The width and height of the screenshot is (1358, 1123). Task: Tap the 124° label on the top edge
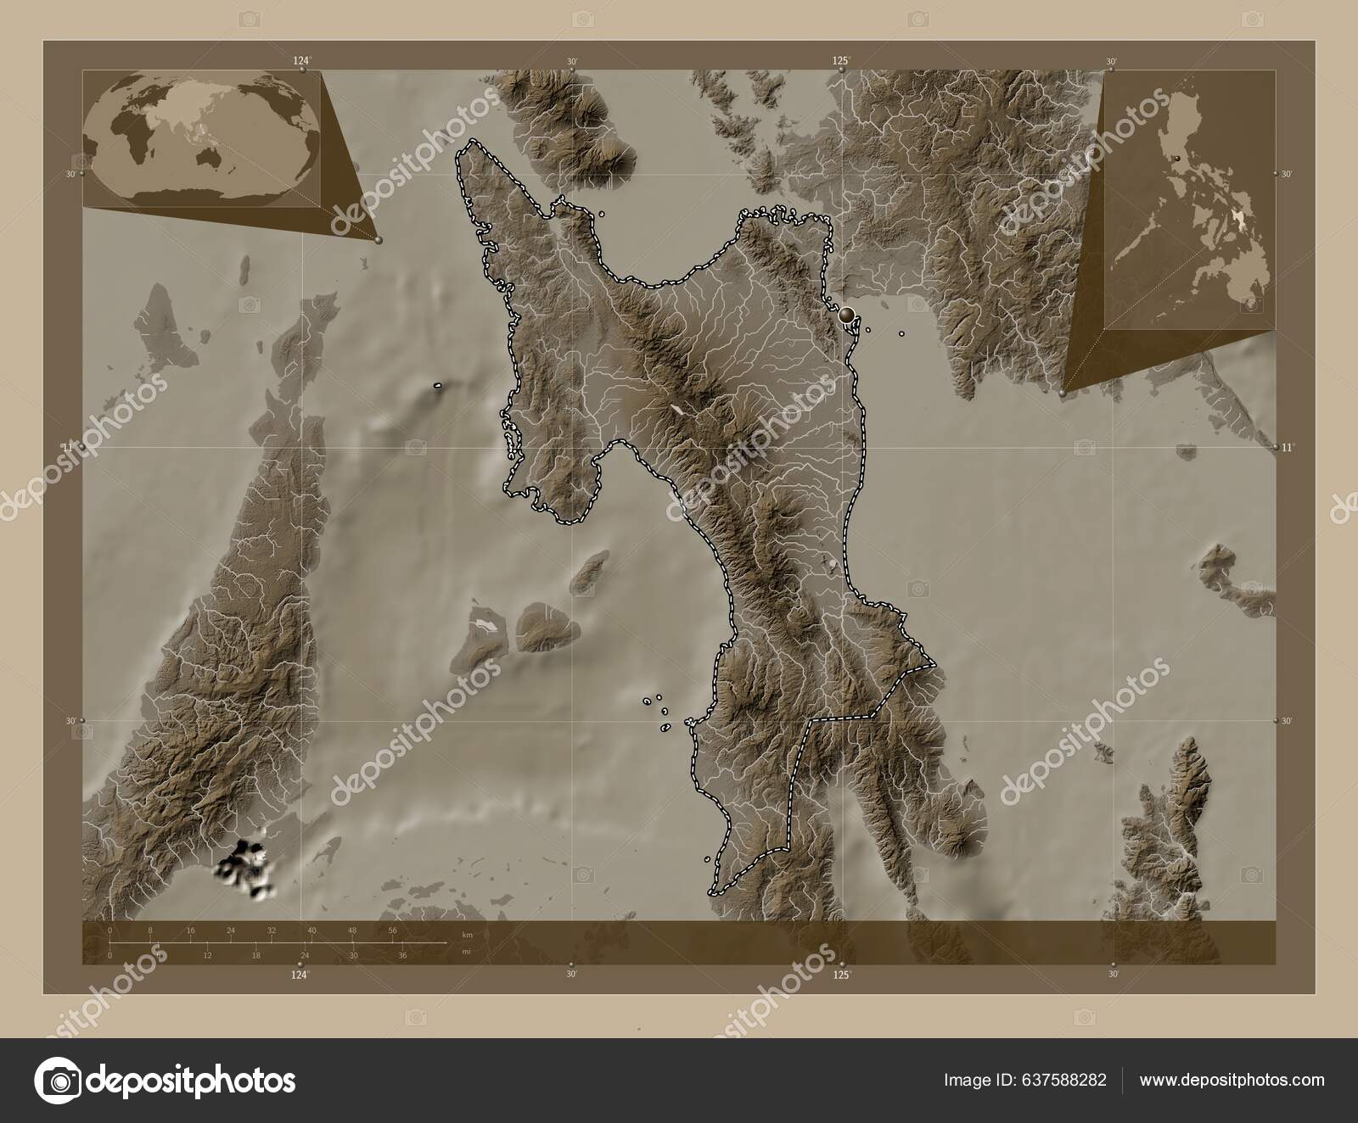[x=301, y=60]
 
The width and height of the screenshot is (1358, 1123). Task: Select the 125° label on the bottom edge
[x=841, y=975]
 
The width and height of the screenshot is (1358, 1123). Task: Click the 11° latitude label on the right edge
[x=1287, y=447]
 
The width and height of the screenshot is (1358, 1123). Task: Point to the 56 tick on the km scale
[x=392, y=930]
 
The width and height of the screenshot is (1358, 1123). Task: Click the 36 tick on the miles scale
[x=403, y=955]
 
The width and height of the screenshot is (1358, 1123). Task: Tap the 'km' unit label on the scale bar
[x=467, y=935]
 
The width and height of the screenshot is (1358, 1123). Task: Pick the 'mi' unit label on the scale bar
[x=466, y=952]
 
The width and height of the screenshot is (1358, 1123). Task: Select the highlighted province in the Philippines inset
[x=1243, y=223]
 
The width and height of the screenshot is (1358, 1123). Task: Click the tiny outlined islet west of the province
[x=438, y=386]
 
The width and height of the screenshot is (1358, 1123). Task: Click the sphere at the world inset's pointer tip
[x=379, y=241]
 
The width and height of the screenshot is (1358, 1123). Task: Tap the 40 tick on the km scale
[x=311, y=930]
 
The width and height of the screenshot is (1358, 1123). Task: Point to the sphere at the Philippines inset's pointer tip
[x=1063, y=394]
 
